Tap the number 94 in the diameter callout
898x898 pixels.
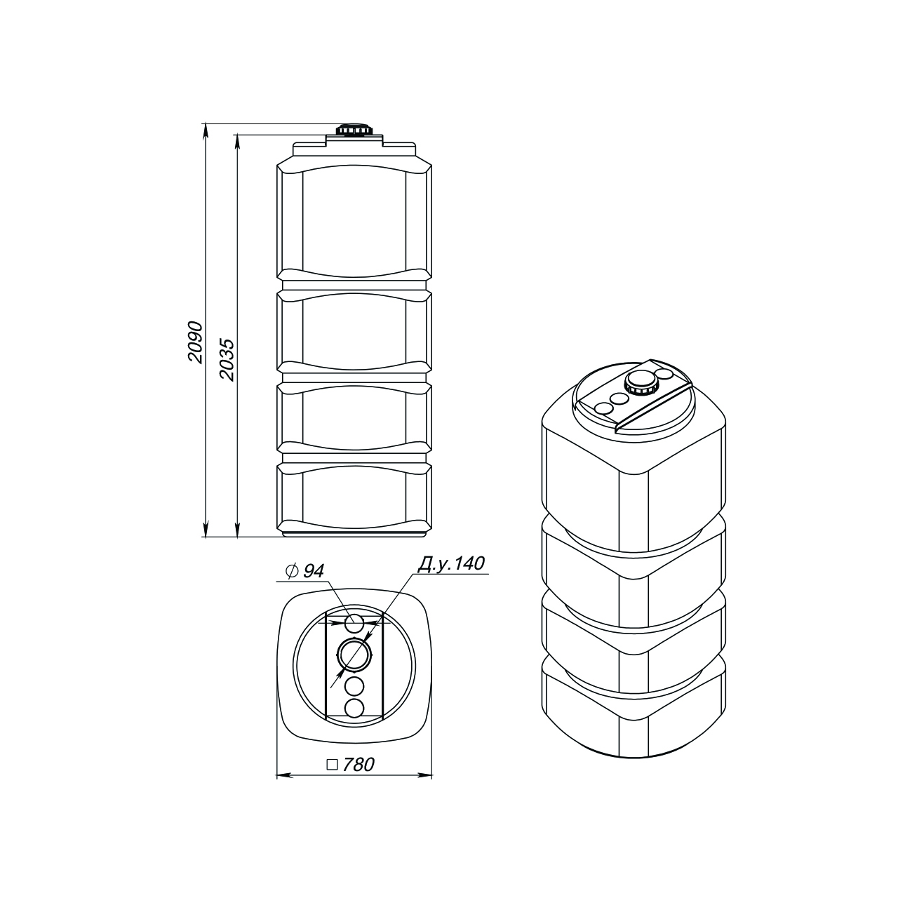tap(313, 572)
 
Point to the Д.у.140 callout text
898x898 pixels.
tap(450, 563)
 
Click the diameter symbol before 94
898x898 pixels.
tap(292, 572)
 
